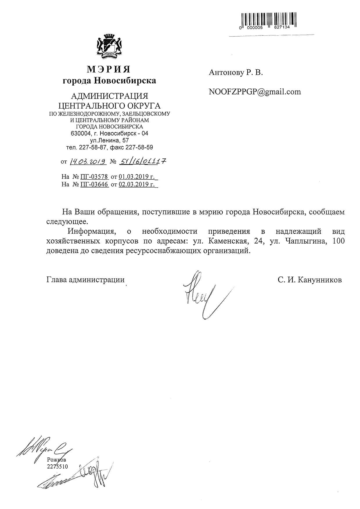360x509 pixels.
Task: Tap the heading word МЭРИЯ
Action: (109, 69)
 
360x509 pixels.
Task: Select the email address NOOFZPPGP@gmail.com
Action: (255, 92)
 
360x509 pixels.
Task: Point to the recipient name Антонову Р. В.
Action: (236, 73)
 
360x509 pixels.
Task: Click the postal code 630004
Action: (81, 133)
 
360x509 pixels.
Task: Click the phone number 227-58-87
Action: (93, 147)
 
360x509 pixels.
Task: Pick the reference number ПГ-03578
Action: (94, 177)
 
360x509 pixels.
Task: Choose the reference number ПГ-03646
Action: (94, 184)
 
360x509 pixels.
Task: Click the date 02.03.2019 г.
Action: (137, 184)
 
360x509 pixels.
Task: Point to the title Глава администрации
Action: (85, 280)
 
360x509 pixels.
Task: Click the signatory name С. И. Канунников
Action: (309, 280)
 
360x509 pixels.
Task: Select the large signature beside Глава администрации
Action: (203, 295)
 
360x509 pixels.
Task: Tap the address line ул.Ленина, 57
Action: (109, 140)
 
